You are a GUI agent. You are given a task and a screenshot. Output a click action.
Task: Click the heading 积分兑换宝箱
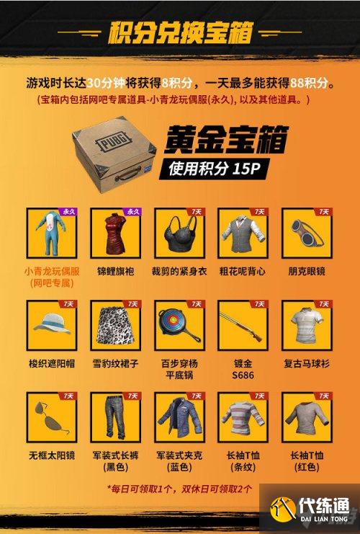tap(180, 32)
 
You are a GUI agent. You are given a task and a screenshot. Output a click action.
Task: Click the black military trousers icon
tap(115, 418)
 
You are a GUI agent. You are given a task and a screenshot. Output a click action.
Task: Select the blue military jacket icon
tap(180, 418)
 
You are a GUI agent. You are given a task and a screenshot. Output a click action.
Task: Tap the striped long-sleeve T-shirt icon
tap(243, 418)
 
